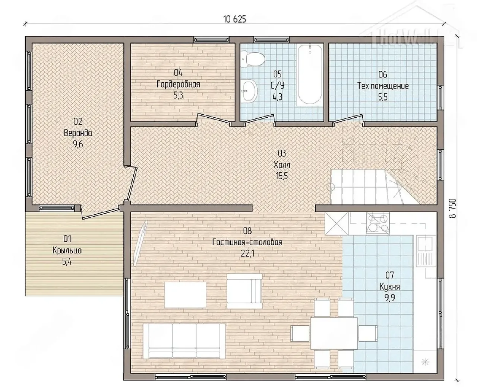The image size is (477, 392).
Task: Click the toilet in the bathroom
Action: pyautogui.click(x=252, y=60)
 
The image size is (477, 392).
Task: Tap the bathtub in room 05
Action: pyautogui.click(x=310, y=74)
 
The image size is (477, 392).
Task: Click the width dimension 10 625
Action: pyautogui.click(x=234, y=19)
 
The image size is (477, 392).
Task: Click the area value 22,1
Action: pyautogui.click(x=247, y=254)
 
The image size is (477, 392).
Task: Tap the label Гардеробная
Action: pyautogui.click(x=178, y=85)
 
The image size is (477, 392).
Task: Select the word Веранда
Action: pyautogui.click(x=78, y=133)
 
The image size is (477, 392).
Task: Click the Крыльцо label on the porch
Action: pyautogui.click(x=67, y=251)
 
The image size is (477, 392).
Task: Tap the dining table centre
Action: pyautogui.click(x=334, y=333)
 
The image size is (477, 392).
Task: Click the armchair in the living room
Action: pyautogui.click(x=244, y=291)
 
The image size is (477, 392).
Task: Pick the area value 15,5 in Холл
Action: pyautogui.click(x=282, y=176)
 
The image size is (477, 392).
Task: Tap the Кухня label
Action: pyautogui.click(x=389, y=287)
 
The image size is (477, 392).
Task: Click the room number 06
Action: pyautogui.click(x=383, y=74)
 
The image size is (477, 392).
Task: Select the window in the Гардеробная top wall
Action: pyautogui.click(x=211, y=40)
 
